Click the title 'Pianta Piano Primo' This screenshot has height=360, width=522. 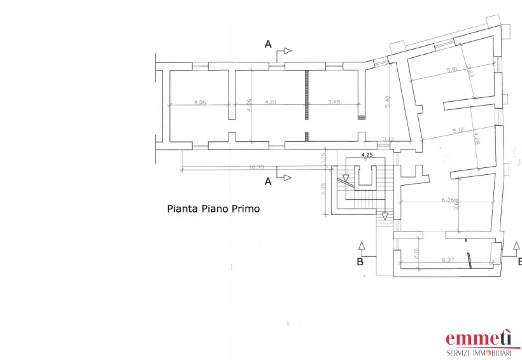tap(213, 208)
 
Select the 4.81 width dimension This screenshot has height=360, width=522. tap(271, 102)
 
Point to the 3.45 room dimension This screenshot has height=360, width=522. tap(334, 102)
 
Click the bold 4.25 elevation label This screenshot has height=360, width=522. tap(367, 155)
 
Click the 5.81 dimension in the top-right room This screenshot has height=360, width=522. tap(453, 70)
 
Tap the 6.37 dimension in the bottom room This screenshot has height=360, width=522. tap(449, 260)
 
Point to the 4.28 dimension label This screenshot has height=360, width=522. tap(476, 138)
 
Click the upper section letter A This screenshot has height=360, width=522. tap(269, 44)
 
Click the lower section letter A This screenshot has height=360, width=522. tap(268, 181)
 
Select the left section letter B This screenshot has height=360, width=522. tap(360, 261)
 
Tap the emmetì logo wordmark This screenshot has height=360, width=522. tap(479, 338)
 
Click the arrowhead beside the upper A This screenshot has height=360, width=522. tap(288, 50)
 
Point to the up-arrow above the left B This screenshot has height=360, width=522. tap(362, 246)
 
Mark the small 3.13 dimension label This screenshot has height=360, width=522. tap(388, 139)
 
